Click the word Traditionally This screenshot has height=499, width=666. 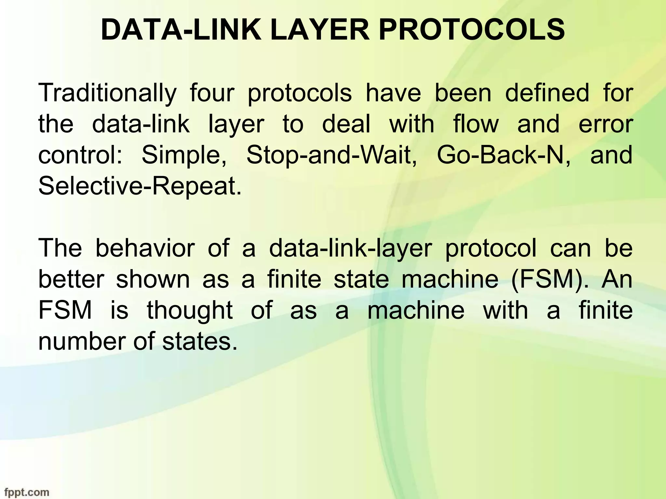pos(107,93)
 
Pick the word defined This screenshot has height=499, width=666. pos(547,93)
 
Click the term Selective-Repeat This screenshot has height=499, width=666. pos(140,186)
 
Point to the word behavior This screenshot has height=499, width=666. pos(145,248)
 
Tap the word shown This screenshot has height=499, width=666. pos(153,279)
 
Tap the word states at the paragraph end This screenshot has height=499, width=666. pos(199,341)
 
